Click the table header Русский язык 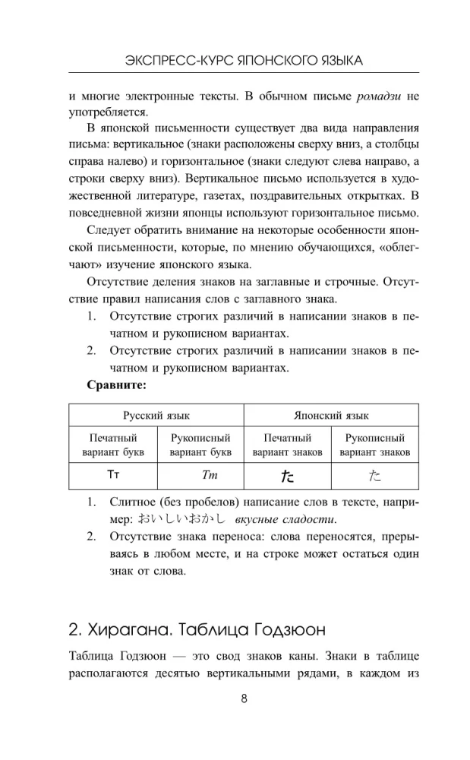pyautogui.click(x=156, y=416)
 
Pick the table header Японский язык pyautogui.click(x=331, y=416)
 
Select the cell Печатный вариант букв pyautogui.click(x=113, y=445)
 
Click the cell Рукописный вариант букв pyautogui.click(x=200, y=445)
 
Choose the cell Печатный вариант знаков pyautogui.click(x=288, y=445)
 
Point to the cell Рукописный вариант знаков pyautogui.click(x=375, y=445)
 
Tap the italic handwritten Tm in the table pyautogui.click(x=200, y=476)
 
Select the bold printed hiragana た pyautogui.click(x=288, y=476)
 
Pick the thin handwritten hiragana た pyautogui.click(x=375, y=476)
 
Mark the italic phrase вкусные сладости pyautogui.click(x=285, y=519)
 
